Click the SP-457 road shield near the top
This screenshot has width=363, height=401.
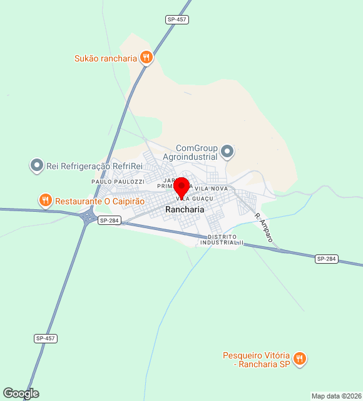178,19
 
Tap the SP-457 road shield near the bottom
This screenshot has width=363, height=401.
46,338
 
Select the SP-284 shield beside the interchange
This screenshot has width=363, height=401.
109,221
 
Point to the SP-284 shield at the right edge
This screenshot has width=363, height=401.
327,259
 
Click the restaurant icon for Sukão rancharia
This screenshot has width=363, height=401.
146,58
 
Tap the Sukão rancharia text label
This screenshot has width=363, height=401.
105,58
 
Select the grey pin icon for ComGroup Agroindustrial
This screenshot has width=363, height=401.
227,151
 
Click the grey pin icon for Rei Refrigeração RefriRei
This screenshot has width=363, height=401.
37,166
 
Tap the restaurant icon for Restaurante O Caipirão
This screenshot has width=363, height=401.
45,201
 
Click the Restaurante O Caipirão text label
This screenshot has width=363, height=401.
100,201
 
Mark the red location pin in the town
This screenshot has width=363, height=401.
181,187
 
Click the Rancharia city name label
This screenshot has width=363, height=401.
185,209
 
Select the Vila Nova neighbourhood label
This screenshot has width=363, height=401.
211,189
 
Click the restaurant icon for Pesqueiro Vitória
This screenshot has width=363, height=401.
300,358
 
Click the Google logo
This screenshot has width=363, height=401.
21,393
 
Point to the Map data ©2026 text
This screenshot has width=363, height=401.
336,396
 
